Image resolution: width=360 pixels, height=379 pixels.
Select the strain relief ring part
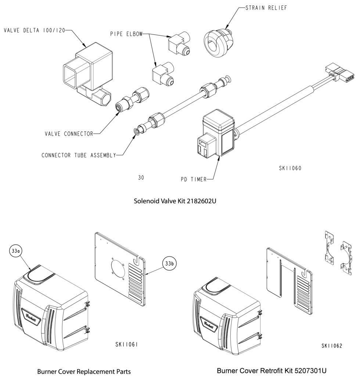(x=218, y=43)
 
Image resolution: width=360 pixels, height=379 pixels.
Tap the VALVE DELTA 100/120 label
(x=34, y=30)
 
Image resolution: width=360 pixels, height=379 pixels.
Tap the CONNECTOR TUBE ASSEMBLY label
(x=79, y=155)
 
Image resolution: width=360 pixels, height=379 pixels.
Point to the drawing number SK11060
(x=290, y=168)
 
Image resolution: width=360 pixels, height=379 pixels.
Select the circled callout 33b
(x=169, y=263)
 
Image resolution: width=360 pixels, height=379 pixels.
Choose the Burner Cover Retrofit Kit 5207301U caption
(x=271, y=371)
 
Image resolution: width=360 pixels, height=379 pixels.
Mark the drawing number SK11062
(x=332, y=346)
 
